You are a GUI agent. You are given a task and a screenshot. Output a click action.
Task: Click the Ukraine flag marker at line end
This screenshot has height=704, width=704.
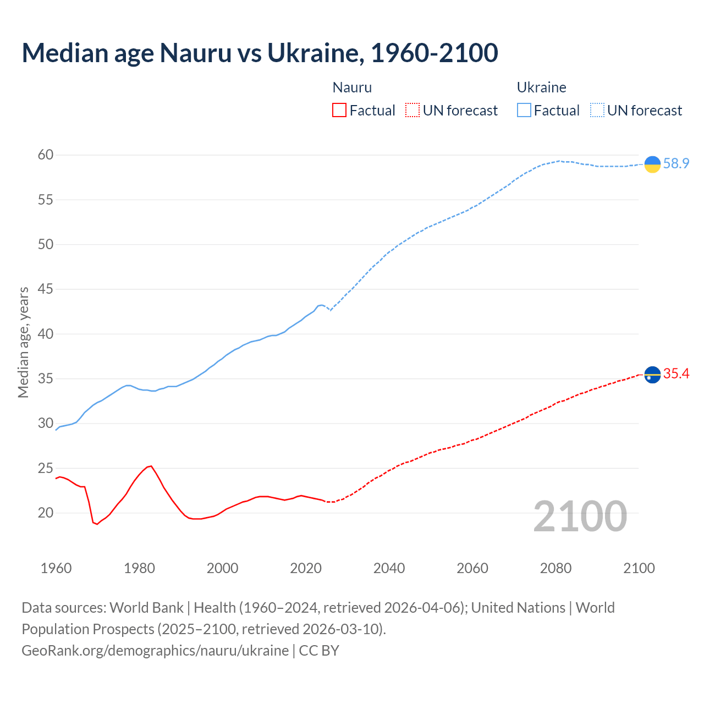pos(652,164)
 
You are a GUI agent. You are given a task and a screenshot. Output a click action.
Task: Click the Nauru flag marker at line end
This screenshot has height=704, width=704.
pos(652,375)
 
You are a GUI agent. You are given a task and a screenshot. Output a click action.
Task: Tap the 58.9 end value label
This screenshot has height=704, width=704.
pos(676,164)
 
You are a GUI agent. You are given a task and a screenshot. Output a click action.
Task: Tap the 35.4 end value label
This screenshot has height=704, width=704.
pos(676,374)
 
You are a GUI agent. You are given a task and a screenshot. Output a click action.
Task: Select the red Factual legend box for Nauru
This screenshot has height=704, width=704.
pos(339,111)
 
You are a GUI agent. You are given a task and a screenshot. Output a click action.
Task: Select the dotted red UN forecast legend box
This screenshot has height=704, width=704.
pos(413,111)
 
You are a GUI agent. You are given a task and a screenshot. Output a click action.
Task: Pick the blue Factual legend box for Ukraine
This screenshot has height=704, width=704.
pos(524,111)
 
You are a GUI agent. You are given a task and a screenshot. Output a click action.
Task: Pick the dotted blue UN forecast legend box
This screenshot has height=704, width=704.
pos(597,111)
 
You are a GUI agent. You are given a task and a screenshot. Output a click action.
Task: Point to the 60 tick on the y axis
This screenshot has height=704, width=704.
pos(46,155)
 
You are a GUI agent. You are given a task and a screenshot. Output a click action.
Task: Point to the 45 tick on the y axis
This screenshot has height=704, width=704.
pos(46,289)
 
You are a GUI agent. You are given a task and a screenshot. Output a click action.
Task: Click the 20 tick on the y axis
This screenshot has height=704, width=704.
pos(46,513)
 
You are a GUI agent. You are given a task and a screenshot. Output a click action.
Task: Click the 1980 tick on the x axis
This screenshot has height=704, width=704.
pos(139,568)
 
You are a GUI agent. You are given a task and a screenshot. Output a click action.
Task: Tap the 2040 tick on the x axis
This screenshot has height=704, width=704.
pos(389,568)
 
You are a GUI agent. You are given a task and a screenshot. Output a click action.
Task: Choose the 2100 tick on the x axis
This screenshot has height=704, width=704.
pos(639,568)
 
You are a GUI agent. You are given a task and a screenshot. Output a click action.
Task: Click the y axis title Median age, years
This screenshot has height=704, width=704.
pos(23,342)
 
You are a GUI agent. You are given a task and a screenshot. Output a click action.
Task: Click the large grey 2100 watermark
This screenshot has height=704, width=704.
pos(580,516)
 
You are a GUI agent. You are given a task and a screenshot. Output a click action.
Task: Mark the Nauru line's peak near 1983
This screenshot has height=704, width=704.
pos(151,466)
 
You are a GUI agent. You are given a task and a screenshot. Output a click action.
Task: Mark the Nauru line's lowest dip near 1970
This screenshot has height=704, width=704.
pos(97,524)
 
